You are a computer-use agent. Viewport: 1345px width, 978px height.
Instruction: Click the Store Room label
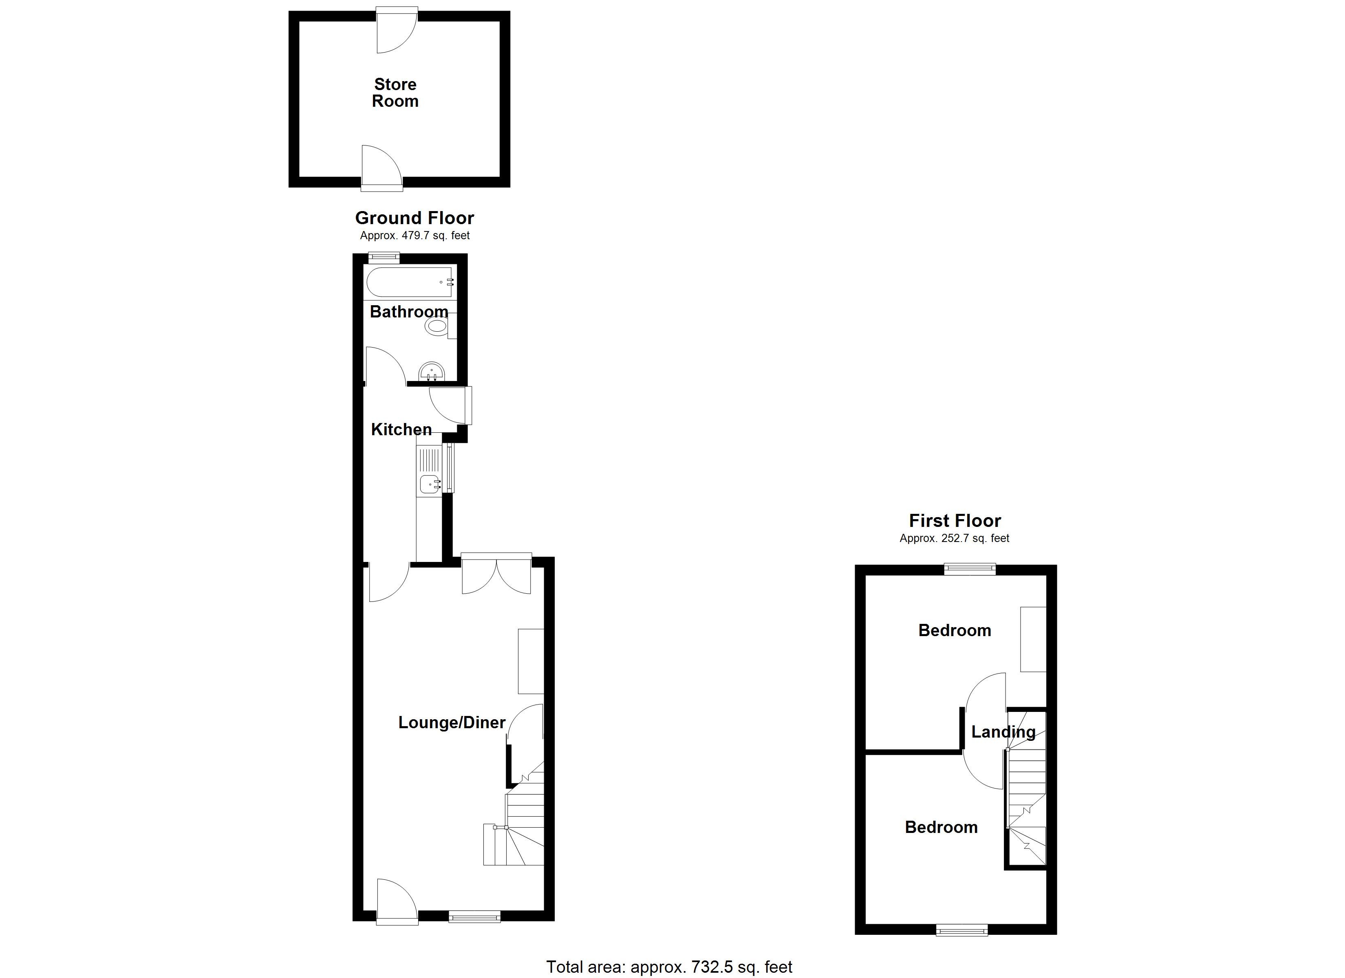coord(395,93)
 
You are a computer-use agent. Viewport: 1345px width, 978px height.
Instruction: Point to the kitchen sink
coord(429,484)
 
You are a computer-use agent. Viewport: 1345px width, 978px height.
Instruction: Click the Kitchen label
coord(401,430)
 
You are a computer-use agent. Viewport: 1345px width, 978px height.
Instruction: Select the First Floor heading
coord(955,521)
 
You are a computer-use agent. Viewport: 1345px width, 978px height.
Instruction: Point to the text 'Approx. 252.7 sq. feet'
coord(954,539)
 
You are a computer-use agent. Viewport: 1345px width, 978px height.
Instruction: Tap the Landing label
coord(1003,732)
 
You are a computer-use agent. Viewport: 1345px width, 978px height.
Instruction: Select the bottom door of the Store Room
coord(382,169)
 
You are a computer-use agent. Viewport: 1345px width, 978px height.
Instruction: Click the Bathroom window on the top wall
coord(384,258)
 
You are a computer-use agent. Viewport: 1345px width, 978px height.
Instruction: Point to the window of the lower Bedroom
coord(962,931)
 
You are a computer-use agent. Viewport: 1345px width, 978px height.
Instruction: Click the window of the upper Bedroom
coord(970,569)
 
